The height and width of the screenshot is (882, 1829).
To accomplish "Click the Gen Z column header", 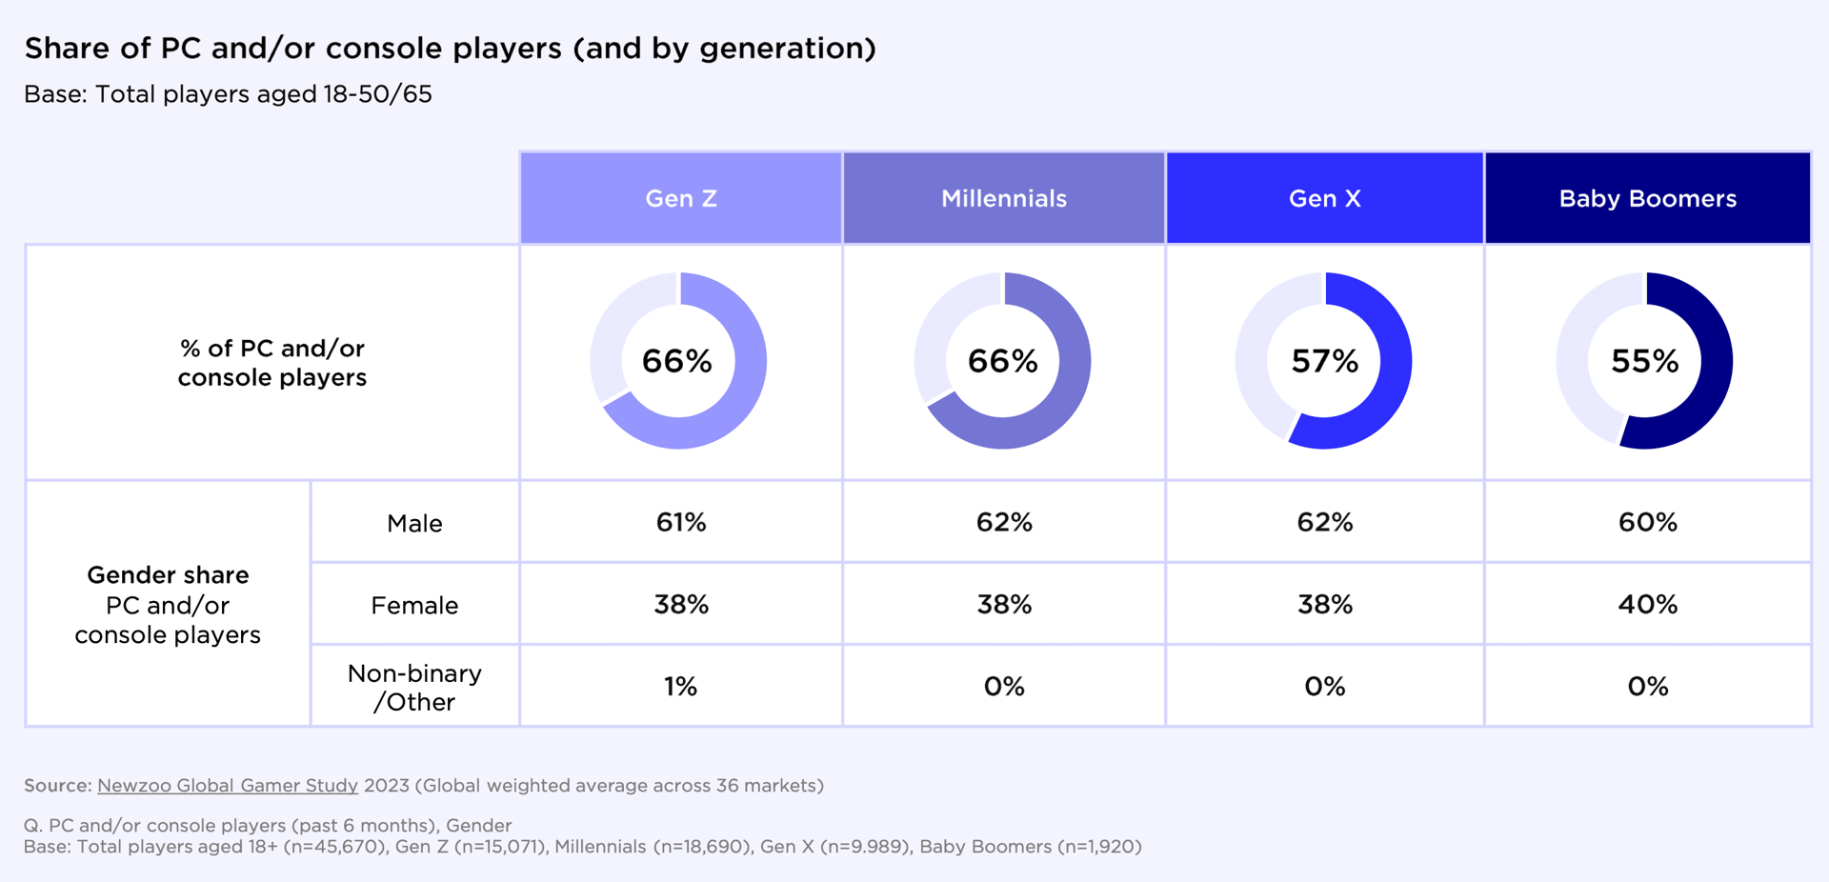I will pos(680,198).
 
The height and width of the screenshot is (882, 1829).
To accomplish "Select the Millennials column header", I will pos(1004,198).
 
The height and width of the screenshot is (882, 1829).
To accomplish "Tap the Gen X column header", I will pos(1324,198).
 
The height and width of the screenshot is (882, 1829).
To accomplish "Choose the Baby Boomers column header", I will pos(1647,198).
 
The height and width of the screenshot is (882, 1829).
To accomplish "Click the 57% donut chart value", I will pos(1324,361).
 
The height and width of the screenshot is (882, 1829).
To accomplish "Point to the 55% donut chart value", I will pos(1644,361).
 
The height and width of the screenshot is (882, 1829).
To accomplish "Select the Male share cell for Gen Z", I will pos(680,522).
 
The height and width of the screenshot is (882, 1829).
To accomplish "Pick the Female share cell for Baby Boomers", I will pos(1647,604).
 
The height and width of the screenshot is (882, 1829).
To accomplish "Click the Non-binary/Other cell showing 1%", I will pos(680,686).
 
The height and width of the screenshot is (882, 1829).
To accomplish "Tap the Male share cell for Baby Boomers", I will pos(1647,522).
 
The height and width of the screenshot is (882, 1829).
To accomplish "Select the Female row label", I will pos(414,605).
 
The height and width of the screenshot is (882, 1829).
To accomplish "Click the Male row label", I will pos(414,523).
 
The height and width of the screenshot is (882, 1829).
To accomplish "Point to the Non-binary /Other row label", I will pos(414,687).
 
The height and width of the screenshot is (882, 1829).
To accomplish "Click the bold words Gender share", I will pos(168,574).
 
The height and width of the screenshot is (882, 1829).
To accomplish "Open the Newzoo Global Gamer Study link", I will pos(228,785).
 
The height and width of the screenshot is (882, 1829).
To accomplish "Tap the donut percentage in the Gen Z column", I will pos(676,361).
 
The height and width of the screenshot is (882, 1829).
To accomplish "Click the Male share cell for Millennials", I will pos(1004,522).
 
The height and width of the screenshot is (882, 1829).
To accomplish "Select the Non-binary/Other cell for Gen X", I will pos(1324,686).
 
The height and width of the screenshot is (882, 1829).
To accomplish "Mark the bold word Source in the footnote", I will pos(55,785).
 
